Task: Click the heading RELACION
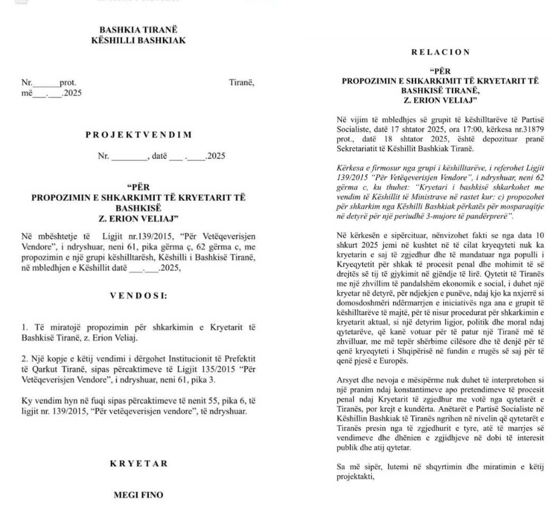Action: tap(440, 52)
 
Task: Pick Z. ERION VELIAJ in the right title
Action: tap(440, 100)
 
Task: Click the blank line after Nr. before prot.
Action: tap(45, 83)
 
